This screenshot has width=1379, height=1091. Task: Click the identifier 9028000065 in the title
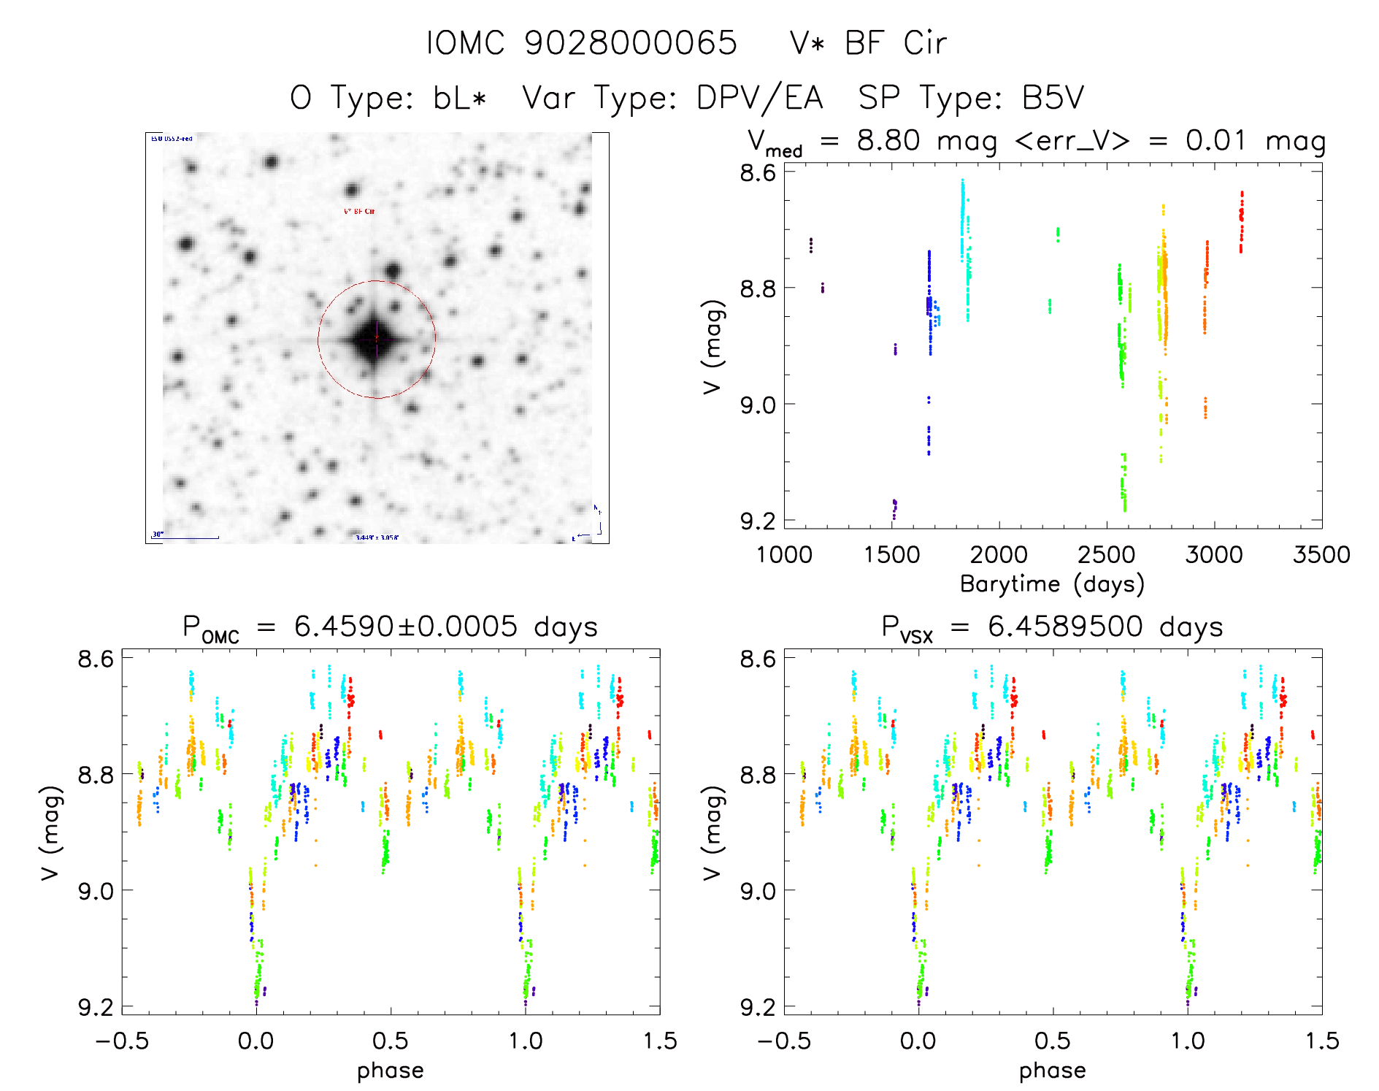coord(631,43)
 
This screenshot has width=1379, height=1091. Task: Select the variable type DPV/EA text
coord(759,98)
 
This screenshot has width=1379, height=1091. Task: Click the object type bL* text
coord(459,98)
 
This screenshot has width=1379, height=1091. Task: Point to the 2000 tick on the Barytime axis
coord(999,554)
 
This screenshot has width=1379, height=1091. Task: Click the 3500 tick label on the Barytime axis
coord(1321,554)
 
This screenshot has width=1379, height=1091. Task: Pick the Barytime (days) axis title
coord(1052,584)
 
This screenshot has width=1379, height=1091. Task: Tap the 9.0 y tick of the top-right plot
coord(758,405)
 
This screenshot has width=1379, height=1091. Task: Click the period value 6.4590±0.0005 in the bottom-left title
coord(406,627)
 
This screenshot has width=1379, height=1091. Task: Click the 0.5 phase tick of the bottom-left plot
coord(391,1041)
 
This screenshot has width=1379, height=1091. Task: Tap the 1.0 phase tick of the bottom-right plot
coord(1188,1041)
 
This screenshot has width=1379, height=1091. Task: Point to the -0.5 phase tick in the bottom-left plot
coord(122,1041)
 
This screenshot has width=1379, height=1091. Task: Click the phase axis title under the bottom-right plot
coord(1052,1071)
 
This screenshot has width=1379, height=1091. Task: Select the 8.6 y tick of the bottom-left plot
coord(96,659)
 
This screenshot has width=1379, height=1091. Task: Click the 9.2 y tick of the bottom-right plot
coord(758,1007)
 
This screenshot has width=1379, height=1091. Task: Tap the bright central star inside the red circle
coord(376,340)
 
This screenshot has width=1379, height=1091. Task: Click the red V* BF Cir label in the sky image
coord(359,211)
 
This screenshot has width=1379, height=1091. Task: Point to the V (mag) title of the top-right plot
coord(712,347)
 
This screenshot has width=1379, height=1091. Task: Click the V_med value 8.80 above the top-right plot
coord(888,140)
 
